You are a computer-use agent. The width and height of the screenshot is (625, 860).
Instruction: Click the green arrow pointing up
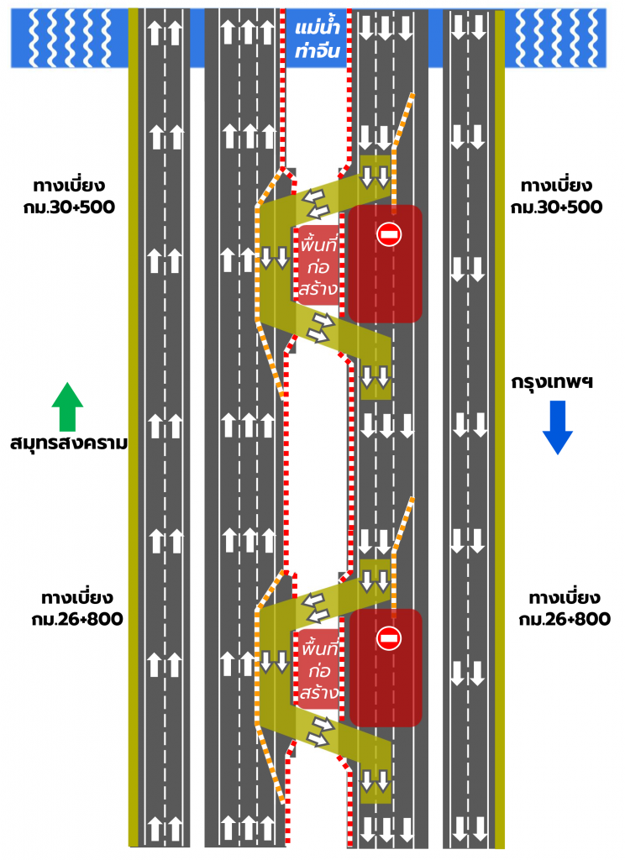point(68,406)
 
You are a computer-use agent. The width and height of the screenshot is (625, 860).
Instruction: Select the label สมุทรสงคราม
point(69,443)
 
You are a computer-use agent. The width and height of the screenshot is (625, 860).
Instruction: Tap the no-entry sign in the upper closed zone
point(389,233)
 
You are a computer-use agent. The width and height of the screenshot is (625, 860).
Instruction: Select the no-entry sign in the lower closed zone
point(389,637)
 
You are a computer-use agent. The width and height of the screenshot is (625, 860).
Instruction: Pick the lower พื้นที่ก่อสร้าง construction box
point(317,669)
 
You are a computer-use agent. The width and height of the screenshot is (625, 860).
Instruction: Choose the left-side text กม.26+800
point(73,619)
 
